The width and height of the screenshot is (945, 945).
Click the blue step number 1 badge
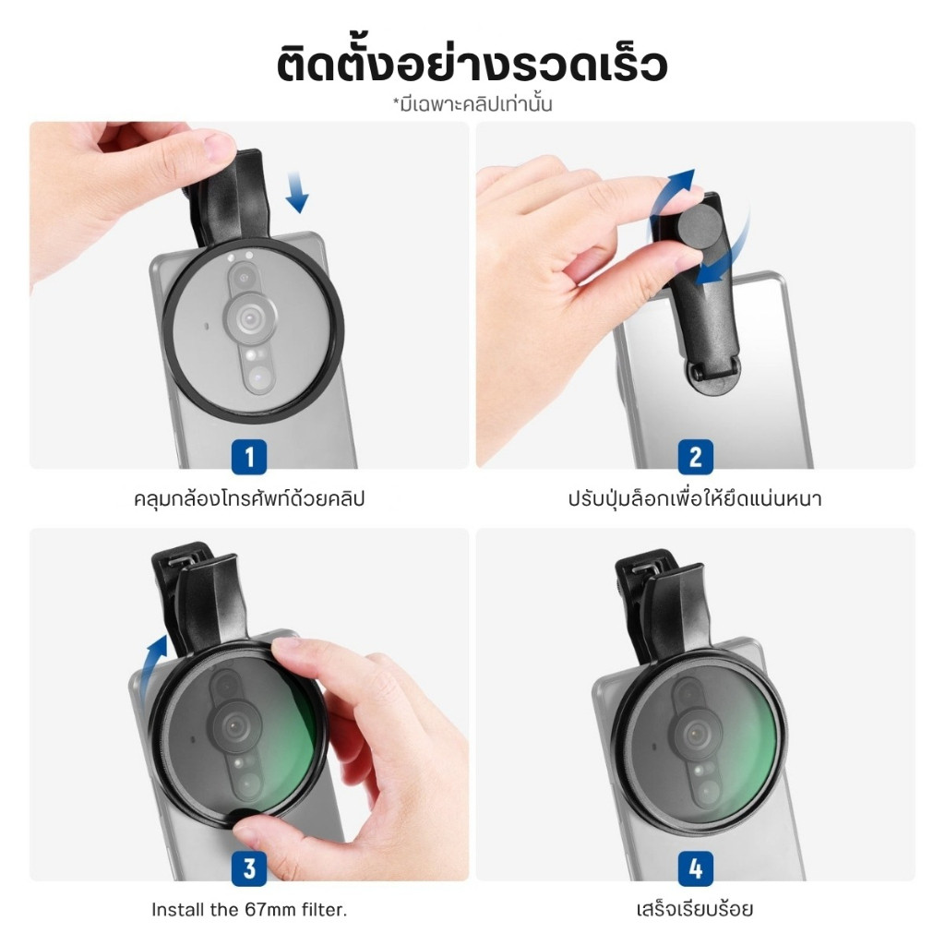(249, 457)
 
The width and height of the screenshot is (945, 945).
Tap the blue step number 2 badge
(696, 457)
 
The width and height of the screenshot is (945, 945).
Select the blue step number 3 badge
(249, 868)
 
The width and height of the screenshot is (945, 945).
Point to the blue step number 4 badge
(696, 868)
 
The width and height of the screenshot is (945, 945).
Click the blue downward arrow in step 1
(297, 192)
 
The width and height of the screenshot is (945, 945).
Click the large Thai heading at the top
(472, 66)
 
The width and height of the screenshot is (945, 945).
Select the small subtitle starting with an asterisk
(472, 104)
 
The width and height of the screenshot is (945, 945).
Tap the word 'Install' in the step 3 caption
(178, 909)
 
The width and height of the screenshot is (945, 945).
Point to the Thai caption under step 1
(249, 499)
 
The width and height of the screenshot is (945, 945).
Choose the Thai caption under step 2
(695, 499)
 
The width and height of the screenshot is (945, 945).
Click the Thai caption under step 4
(695, 909)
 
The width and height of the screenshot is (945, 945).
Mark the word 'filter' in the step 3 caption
(327, 909)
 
